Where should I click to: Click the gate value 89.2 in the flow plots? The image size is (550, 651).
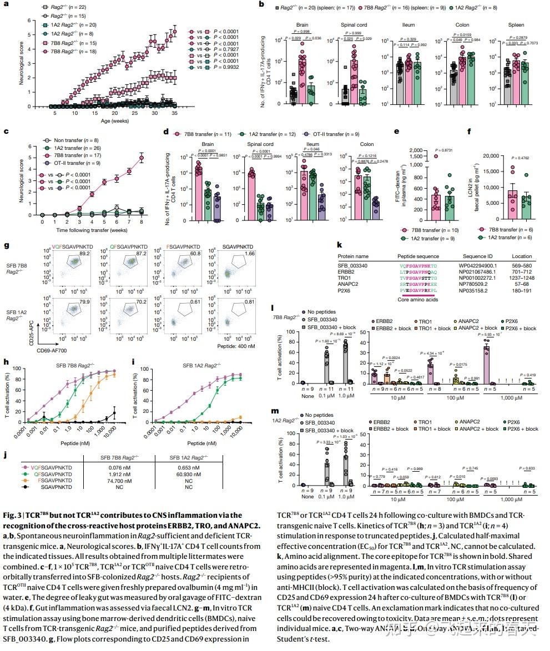[84, 253]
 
